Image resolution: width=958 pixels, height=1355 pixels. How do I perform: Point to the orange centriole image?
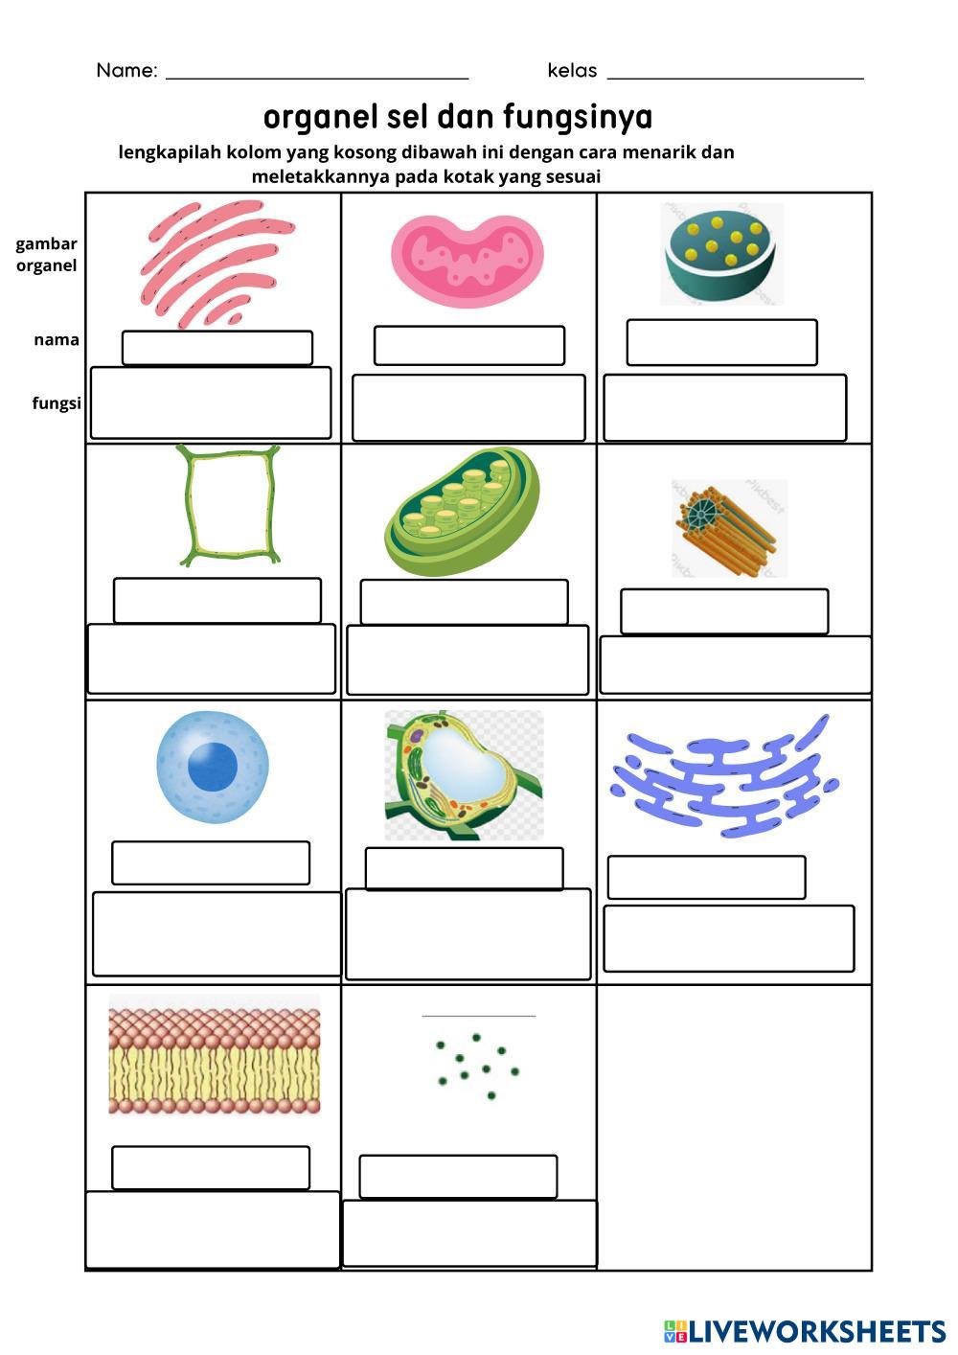(729, 529)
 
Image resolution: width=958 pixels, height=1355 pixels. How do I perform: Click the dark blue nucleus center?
(212, 766)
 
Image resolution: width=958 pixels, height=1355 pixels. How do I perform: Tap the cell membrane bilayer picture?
(215, 1055)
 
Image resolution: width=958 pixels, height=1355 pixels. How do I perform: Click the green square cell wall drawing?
(230, 505)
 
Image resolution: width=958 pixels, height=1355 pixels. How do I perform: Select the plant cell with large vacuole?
(464, 774)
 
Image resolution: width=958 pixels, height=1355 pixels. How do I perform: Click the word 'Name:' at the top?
(126, 71)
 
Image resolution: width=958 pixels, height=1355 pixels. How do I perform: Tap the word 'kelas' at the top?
(572, 71)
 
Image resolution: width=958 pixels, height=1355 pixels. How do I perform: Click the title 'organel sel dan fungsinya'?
(458, 117)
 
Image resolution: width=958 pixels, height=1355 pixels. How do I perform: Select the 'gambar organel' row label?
(46, 255)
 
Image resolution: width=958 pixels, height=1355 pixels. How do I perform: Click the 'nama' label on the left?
(57, 340)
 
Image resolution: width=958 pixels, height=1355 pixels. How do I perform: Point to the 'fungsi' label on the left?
(56, 403)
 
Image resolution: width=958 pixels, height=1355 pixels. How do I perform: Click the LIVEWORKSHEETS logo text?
(816, 1331)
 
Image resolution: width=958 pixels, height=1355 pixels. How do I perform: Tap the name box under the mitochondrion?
(468, 346)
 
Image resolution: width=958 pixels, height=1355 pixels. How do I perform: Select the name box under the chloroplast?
(464, 602)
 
